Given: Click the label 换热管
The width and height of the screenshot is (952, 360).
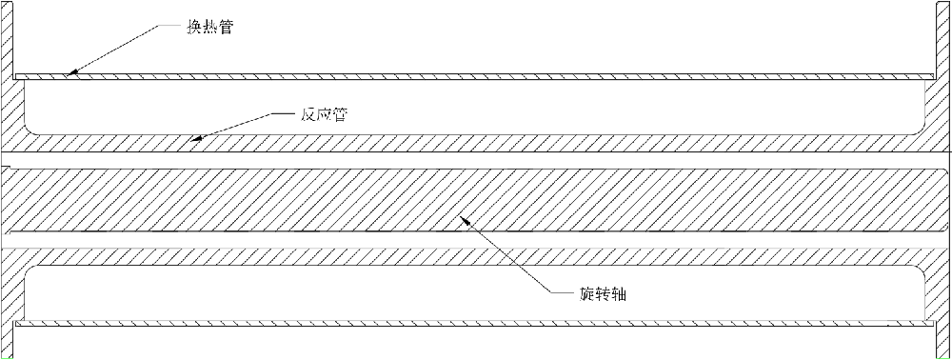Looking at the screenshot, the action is (x=210, y=28).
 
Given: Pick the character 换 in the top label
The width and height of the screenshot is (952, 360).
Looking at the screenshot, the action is (x=194, y=28).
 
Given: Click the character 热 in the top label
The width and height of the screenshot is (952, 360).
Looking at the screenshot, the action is (x=210, y=28).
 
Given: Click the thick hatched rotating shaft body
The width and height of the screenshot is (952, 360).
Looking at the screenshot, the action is (x=476, y=199).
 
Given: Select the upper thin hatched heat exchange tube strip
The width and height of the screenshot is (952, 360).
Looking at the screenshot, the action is (x=476, y=75).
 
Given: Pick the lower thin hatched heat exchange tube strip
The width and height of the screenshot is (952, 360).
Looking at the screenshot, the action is (x=476, y=323).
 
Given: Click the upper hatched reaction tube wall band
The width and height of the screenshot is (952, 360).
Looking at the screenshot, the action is (x=476, y=142).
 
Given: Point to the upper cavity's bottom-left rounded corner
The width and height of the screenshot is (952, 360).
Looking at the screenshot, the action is (x=31, y=127).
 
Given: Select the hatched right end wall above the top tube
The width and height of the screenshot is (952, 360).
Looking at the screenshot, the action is (x=942, y=38).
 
